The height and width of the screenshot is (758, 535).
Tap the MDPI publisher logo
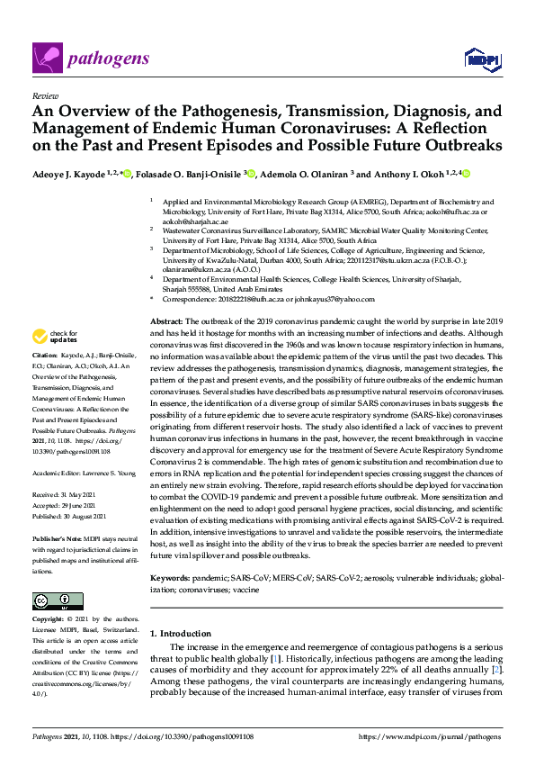[479, 59]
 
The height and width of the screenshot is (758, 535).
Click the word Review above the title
[44, 95]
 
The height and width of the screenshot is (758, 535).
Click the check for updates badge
[54, 337]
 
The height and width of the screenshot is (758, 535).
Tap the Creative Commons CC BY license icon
[58, 601]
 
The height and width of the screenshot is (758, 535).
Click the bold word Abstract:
[166, 321]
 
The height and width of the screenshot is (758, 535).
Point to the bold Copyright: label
[49, 620]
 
